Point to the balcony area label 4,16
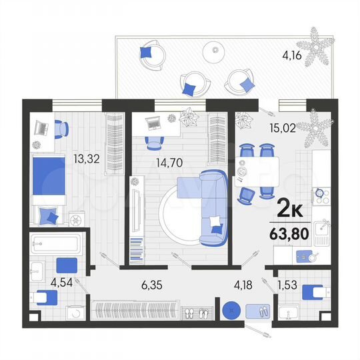[x=291, y=56]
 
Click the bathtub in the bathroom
[x=55, y=244]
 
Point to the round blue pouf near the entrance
[x=231, y=311]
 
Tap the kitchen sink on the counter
[x=323, y=232]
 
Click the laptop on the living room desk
[x=153, y=123]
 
